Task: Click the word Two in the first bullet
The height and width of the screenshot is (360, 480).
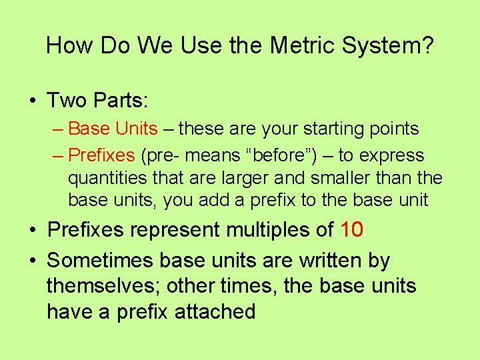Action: click(66, 101)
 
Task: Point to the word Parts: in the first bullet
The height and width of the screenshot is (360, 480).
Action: click(122, 101)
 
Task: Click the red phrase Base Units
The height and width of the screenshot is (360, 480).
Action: click(113, 128)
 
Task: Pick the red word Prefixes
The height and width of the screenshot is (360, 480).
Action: click(101, 155)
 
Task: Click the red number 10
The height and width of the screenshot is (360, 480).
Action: click(352, 230)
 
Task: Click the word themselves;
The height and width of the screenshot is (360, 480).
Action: click(103, 286)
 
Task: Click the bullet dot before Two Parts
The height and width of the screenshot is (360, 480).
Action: click(32, 101)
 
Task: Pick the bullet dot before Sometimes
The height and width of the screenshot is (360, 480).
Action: click(32, 261)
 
